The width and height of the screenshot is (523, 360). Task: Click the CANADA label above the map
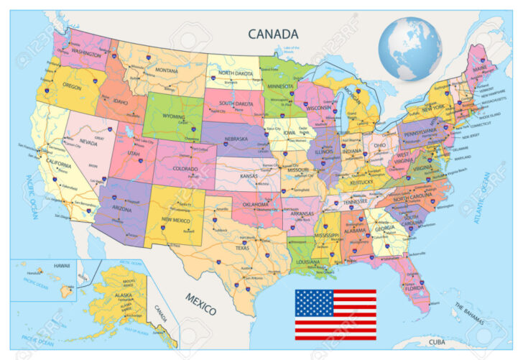(x=272, y=33)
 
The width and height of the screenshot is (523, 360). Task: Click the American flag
(x=335, y=314)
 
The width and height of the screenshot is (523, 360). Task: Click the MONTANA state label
(x=166, y=70)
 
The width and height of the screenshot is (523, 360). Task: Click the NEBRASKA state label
(x=239, y=137)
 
